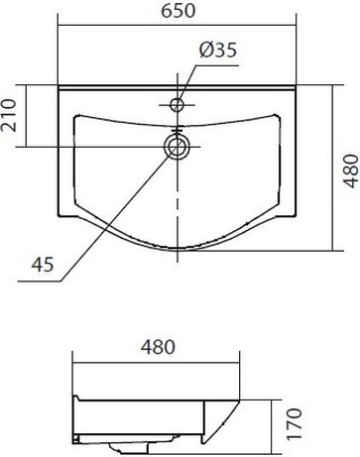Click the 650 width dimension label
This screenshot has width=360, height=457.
179,11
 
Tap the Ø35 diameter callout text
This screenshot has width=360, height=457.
218,51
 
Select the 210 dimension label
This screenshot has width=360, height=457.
8,115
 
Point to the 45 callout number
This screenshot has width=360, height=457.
43,265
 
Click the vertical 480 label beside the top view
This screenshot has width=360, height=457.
351,171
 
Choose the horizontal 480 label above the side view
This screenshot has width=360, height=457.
158,347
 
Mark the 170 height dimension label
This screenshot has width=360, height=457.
294,424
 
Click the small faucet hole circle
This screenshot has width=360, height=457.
178,105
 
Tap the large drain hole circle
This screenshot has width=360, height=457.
178,147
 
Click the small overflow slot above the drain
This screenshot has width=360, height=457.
178,131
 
